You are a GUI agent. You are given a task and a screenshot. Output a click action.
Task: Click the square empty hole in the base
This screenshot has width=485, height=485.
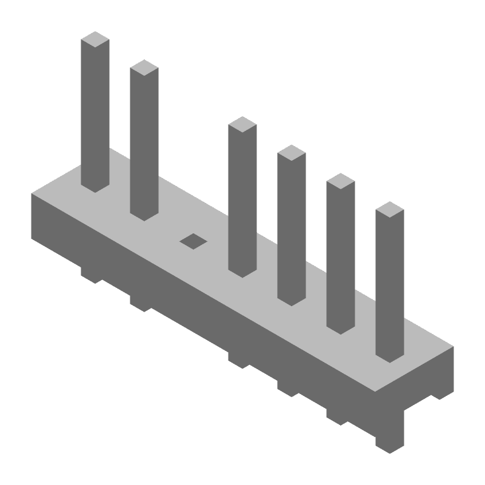(x=193, y=241)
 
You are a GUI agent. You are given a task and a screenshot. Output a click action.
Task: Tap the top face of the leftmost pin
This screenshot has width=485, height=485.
(x=95, y=39)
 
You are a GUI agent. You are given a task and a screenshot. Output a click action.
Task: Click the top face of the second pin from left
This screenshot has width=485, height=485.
(x=144, y=68)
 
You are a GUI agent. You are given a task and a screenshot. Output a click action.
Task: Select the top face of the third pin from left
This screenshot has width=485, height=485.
(x=242, y=124)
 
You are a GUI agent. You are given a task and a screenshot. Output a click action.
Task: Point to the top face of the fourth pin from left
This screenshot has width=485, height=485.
(x=292, y=153)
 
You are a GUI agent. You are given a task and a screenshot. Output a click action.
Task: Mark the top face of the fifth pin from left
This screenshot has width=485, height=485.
(x=341, y=181)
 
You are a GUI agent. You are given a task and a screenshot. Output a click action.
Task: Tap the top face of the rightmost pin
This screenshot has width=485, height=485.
(x=390, y=210)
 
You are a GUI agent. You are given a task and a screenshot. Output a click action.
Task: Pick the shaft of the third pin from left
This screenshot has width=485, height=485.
(x=242, y=200)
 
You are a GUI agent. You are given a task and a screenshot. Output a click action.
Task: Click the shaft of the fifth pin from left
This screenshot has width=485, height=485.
(x=341, y=257)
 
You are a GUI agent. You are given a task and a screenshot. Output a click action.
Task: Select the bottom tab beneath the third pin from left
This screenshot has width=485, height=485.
(x=239, y=360)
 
